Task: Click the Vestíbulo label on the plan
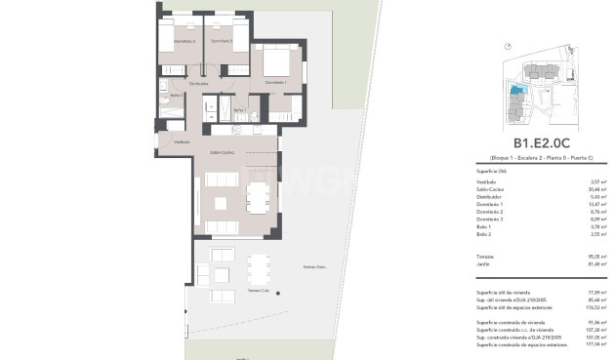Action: click(x=182, y=142)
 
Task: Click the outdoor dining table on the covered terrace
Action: click(x=259, y=268)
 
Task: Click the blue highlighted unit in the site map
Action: click(x=516, y=91)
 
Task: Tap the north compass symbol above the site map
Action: click(x=508, y=46)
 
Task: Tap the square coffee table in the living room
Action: click(x=223, y=203)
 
